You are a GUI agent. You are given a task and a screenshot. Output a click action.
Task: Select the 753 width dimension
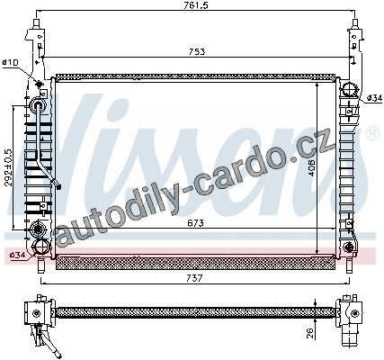tap(197, 51)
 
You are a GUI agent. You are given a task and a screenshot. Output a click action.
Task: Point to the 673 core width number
tap(195, 223)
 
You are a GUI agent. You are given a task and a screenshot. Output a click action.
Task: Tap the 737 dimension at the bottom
tap(194, 278)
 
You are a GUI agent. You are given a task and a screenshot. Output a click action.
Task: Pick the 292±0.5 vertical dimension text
tap(8, 167)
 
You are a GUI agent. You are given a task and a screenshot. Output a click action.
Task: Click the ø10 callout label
tap(10, 62)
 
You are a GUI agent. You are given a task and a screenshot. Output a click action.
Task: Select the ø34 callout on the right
tap(375, 97)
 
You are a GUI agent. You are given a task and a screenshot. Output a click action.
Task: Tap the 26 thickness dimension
tap(311, 333)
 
